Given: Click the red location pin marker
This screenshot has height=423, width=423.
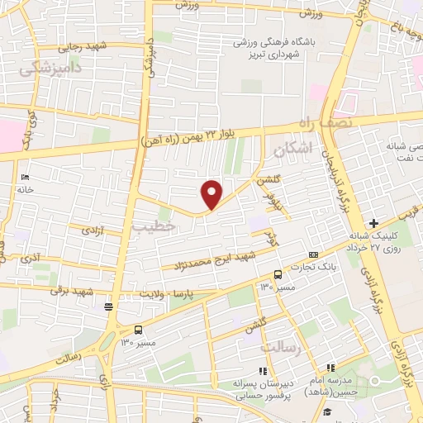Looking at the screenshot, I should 212,194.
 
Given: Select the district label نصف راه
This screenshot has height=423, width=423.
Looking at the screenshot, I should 354,123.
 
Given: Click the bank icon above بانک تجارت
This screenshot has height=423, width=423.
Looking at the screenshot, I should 313,254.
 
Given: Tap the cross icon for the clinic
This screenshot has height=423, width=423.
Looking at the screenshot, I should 374,222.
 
